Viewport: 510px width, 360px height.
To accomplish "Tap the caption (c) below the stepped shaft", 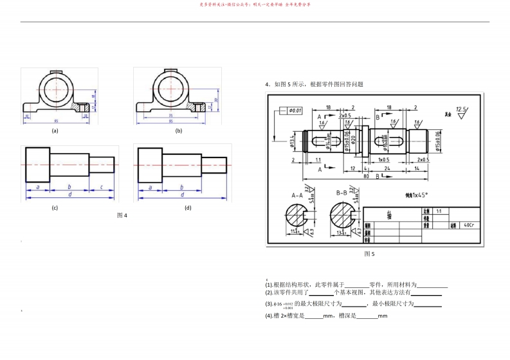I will [55, 208].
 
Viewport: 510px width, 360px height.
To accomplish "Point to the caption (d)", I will [188, 208].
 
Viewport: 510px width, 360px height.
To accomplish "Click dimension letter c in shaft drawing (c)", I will [102, 187].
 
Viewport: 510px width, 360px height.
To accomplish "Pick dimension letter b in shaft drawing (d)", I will [182, 187].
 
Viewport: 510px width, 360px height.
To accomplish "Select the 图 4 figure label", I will [122, 215].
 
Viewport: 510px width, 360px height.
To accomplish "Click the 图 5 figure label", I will [369, 253].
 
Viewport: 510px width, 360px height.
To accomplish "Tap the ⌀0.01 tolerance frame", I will [293, 111].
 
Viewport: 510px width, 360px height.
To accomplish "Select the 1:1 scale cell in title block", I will [439, 210].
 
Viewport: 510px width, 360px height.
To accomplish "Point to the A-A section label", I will [297, 192].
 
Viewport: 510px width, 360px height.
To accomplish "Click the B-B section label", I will [342, 192].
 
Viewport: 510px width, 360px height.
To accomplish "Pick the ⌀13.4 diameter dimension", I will [291, 139].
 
